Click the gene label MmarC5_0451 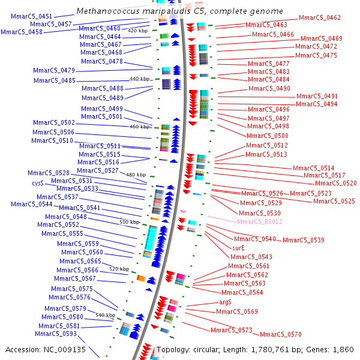pos(31,16)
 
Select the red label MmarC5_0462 pos(319,18)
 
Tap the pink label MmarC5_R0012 pos(259,221)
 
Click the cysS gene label pos(38,183)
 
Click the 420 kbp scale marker pos(138,31)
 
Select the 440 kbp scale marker pos(139,79)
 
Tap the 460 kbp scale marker pos(139,127)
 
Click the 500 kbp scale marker pos(129,222)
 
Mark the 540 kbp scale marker pos(105,315)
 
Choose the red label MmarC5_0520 pos(335,183)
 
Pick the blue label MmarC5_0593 pos(56,334)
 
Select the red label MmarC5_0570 pos(280,334)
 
